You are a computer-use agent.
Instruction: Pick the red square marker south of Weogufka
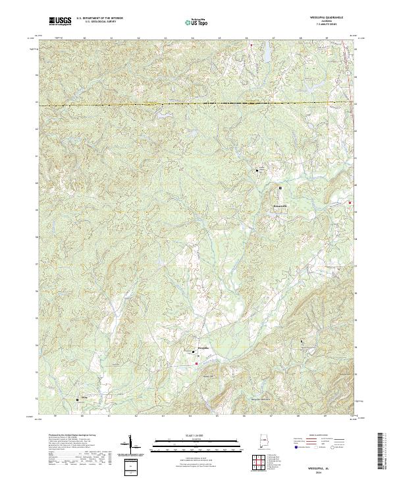coord(196,363)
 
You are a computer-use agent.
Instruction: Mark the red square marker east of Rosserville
coord(350,202)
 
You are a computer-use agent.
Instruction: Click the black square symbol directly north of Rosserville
coord(280,188)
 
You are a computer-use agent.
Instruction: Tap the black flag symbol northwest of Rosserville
coord(257,171)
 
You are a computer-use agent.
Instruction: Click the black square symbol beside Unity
coord(78,398)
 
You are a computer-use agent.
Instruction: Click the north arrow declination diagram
coord(132,446)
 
